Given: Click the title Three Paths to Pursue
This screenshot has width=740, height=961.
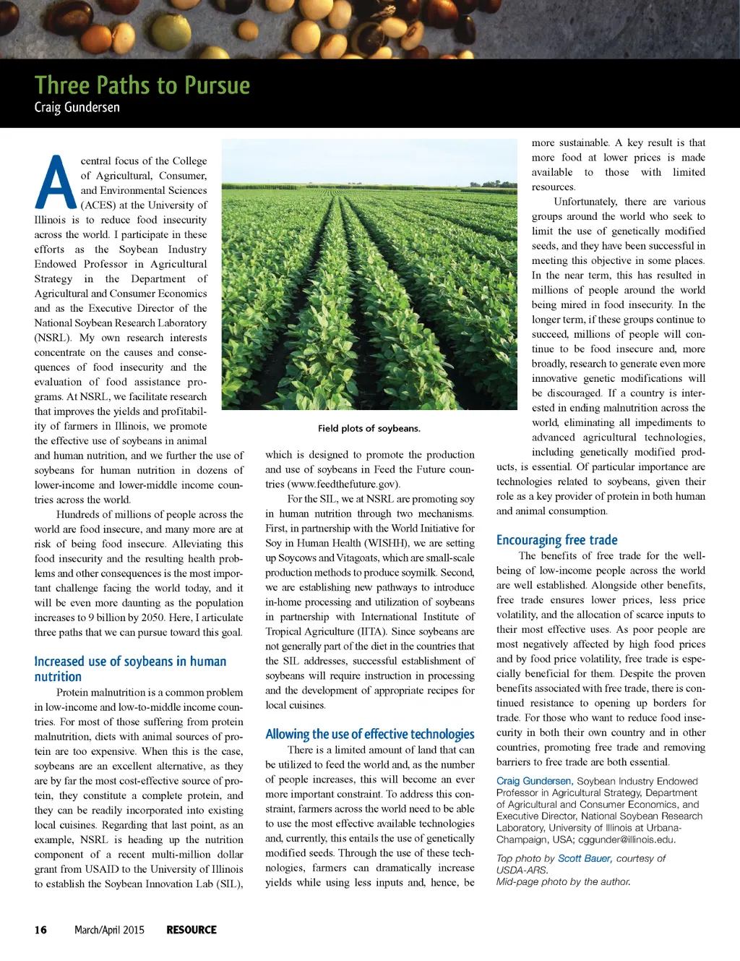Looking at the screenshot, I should [142, 85].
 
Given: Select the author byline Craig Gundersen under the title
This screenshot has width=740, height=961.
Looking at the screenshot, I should [77, 108].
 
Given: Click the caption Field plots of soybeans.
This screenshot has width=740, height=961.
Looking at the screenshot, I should [369, 428].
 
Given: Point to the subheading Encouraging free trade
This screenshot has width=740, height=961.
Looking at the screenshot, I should [556, 539].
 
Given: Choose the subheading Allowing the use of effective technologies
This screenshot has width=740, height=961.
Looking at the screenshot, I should [370, 734].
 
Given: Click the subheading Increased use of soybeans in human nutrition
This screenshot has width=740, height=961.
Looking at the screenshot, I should [130, 669].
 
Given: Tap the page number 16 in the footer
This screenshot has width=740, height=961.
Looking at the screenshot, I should [40, 930].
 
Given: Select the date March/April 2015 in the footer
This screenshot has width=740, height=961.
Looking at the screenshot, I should [109, 930].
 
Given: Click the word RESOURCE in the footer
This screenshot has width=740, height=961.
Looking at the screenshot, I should [192, 930].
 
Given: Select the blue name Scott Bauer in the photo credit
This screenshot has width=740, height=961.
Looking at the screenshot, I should [585, 858].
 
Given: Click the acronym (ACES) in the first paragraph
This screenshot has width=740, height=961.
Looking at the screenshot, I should [98, 205].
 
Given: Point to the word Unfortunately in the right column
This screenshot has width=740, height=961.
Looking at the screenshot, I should [585, 202].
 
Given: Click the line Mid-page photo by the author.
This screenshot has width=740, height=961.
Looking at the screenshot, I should [563, 881].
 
